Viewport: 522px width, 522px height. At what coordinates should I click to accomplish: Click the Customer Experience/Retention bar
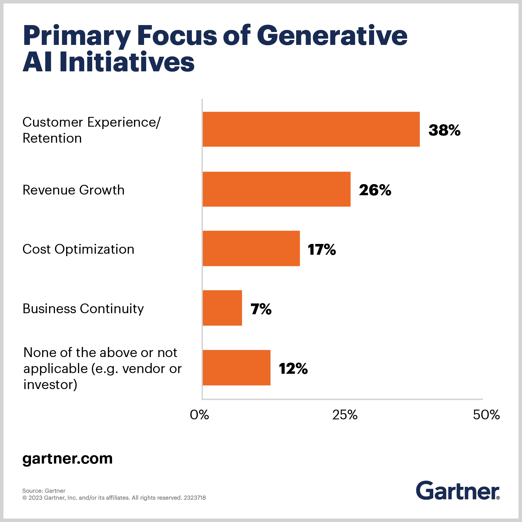311,129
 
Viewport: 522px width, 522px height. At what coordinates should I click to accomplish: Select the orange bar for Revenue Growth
276,189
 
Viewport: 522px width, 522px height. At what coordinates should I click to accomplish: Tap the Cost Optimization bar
251,248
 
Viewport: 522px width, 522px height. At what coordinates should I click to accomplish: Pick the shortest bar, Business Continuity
222,308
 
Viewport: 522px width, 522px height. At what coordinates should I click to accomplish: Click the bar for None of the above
236,367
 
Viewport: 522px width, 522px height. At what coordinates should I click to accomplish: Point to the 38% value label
444,130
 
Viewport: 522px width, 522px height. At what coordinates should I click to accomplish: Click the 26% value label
375,190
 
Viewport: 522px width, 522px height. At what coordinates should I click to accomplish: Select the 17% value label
322,250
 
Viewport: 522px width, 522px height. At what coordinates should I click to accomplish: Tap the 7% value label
261,309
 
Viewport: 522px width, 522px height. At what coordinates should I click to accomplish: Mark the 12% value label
293,369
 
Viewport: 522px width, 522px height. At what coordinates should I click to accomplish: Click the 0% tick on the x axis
199,414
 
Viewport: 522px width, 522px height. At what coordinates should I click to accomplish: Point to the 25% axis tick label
345,414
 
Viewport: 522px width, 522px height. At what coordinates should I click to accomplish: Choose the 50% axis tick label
486,414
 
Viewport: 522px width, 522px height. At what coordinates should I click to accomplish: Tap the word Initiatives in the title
127,62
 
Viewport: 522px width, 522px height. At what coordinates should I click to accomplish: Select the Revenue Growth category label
73,190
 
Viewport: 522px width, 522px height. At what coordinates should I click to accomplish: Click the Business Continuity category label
83,309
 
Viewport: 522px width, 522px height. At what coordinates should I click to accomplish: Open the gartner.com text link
68,458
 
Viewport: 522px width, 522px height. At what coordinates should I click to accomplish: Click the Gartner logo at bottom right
458,491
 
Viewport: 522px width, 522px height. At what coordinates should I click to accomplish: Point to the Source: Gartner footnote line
44,491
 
